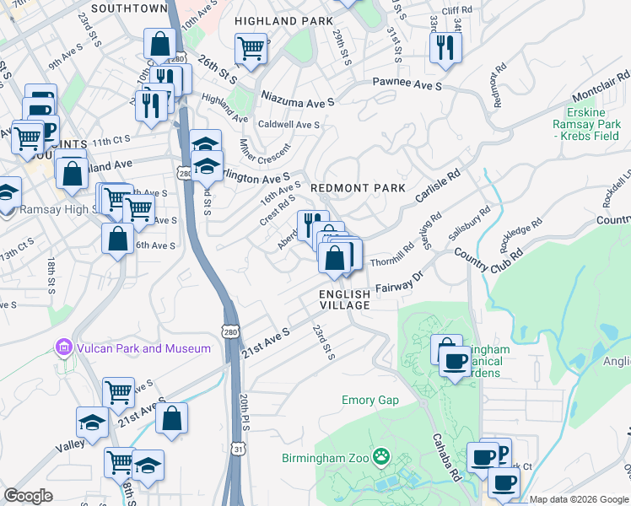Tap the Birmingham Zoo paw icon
click(382, 457)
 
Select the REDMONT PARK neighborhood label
click(358, 188)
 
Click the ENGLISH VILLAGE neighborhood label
click(344, 299)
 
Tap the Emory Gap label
click(369, 400)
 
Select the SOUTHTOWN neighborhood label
click(129, 8)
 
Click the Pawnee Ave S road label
click(408, 85)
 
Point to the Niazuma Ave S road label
click(298, 99)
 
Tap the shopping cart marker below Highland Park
click(251, 51)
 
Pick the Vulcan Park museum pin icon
click(62, 347)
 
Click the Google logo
click(28, 496)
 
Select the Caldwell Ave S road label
click(288, 124)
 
